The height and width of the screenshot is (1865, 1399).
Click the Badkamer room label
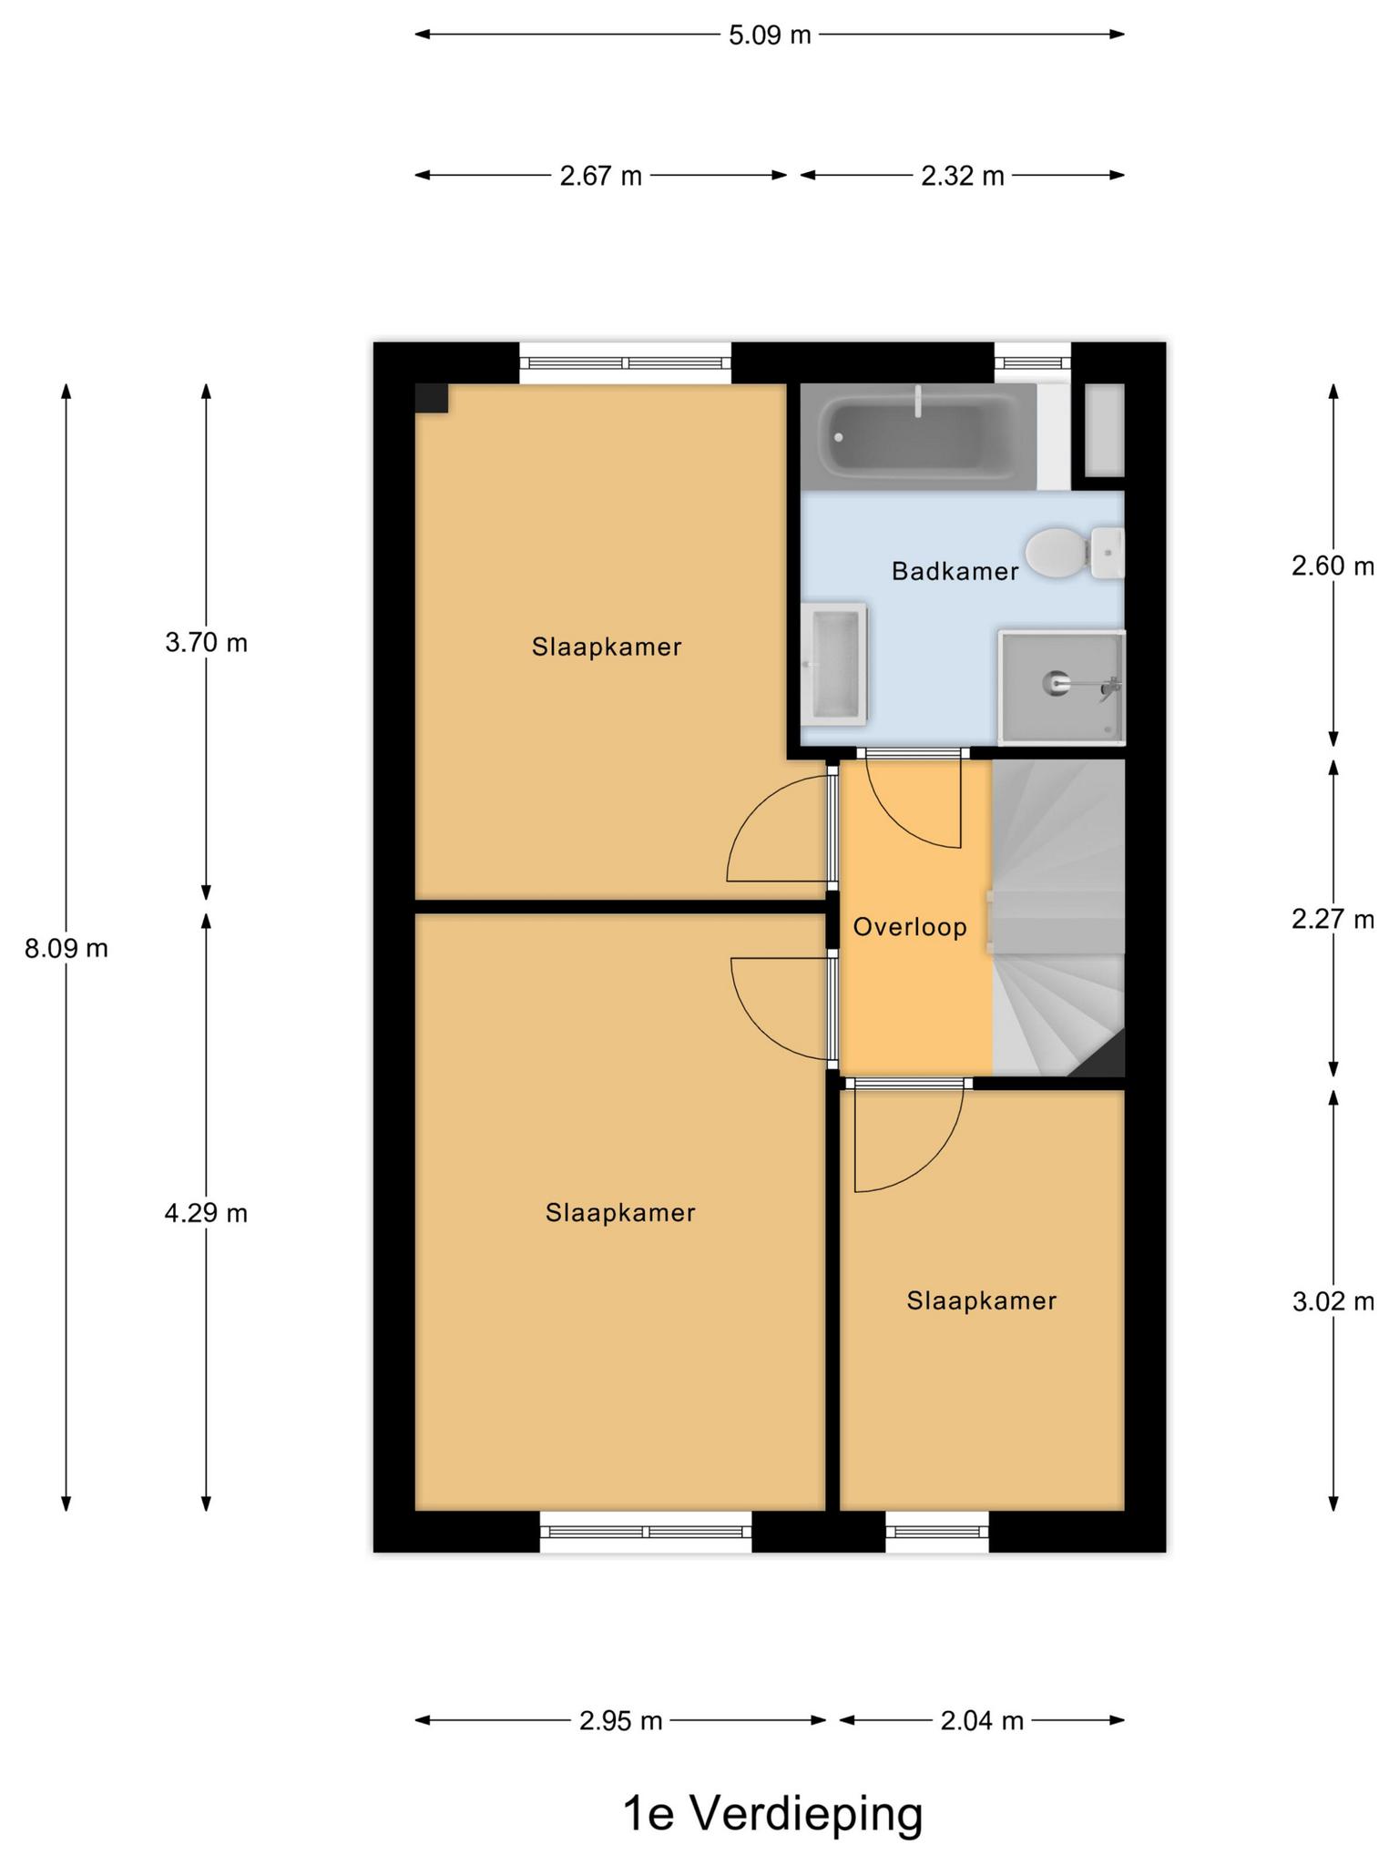pyautogui.click(x=955, y=572)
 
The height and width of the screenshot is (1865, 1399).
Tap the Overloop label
pyautogui.click(x=910, y=927)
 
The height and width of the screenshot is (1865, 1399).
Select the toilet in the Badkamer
pyautogui.click(x=1075, y=552)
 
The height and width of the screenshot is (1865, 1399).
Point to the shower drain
pyautogui.click(x=1056, y=681)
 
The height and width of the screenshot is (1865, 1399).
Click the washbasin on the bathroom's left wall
pyautogui.click(x=834, y=664)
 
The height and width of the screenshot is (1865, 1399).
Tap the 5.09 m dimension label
pyautogui.click(x=770, y=36)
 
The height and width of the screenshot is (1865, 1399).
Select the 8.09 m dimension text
pyautogui.click(x=66, y=949)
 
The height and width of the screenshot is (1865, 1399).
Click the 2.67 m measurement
pyautogui.click(x=601, y=176)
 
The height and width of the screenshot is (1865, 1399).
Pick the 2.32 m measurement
pyautogui.click(x=963, y=176)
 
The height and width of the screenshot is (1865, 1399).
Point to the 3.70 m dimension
pyautogui.click(x=207, y=643)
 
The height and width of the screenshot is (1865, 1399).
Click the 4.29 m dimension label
pyautogui.click(x=207, y=1213)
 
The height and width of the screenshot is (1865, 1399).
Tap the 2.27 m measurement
pyautogui.click(x=1333, y=920)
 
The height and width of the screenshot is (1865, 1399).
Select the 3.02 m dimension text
pyautogui.click(x=1333, y=1302)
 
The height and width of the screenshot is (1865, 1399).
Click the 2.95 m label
pyautogui.click(x=621, y=1721)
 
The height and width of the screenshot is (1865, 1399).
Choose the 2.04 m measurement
pyautogui.click(x=982, y=1721)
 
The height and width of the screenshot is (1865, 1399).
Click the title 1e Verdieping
pyautogui.click(x=772, y=1814)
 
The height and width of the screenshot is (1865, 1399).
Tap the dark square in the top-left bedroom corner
pyautogui.click(x=432, y=398)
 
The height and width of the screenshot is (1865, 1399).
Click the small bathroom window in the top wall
pyautogui.click(x=1032, y=362)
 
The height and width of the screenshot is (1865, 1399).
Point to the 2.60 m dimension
pyautogui.click(x=1333, y=566)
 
